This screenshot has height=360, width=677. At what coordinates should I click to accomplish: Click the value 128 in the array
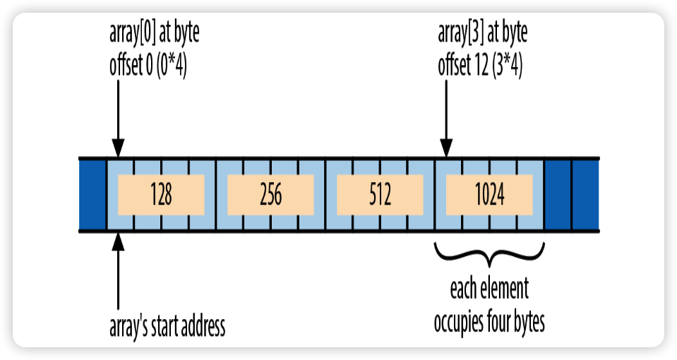pyautogui.click(x=161, y=194)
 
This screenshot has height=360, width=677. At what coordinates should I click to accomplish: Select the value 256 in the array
pyautogui.click(x=270, y=194)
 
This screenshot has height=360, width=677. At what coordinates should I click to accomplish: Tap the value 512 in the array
pyautogui.click(x=381, y=194)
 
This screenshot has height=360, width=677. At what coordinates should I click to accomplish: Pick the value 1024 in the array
pyautogui.click(x=490, y=194)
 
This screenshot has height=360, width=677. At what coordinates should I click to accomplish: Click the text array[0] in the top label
pyautogui.click(x=132, y=32)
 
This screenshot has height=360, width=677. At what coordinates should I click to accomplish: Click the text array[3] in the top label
pyautogui.click(x=461, y=32)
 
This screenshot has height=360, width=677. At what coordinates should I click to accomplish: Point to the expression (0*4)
pyautogui.click(x=172, y=66)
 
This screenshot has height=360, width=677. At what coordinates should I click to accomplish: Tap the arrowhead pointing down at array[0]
pyautogui.click(x=118, y=148)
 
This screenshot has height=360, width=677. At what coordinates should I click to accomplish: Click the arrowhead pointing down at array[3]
pyautogui.click(x=446, y=148)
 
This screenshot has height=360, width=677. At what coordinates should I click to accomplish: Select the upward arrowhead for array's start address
pyautogui.click(x=118, y=241)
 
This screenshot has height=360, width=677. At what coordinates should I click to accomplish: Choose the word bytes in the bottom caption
pyautogui.click(x=529, y=323)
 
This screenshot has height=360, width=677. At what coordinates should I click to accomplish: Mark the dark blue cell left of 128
pyautogui.click(x=92, y=195)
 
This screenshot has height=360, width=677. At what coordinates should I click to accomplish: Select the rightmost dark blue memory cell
pyautogui.click(x=585, y=195)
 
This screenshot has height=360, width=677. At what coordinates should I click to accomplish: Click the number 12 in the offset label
pyautogui.click(x=481, y=66)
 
